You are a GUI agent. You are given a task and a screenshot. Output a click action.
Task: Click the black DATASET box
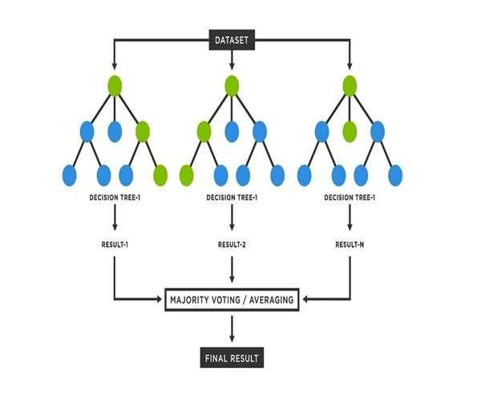tap(232, 38)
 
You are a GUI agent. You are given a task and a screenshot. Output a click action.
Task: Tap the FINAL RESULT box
tap(232, 358)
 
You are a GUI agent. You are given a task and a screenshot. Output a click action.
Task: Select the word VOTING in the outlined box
tap(230, 301)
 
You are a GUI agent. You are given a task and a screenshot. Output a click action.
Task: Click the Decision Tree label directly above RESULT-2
tap(232, 197)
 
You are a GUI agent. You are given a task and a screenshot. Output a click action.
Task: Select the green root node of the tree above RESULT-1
tap(115, 86)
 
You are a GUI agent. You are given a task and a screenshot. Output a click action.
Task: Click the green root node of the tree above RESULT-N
tap(350, 86)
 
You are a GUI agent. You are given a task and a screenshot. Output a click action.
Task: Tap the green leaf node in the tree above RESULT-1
tap(160, 175)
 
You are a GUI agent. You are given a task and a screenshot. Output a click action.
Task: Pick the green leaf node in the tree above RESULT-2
tap(187, 175)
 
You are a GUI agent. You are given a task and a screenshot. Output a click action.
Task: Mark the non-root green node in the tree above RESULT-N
tap(350, 131)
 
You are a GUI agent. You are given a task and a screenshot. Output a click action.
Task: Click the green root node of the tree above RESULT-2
tap(232, 86)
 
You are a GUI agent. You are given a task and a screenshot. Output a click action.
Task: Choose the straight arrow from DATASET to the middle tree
tap(232, 61)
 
